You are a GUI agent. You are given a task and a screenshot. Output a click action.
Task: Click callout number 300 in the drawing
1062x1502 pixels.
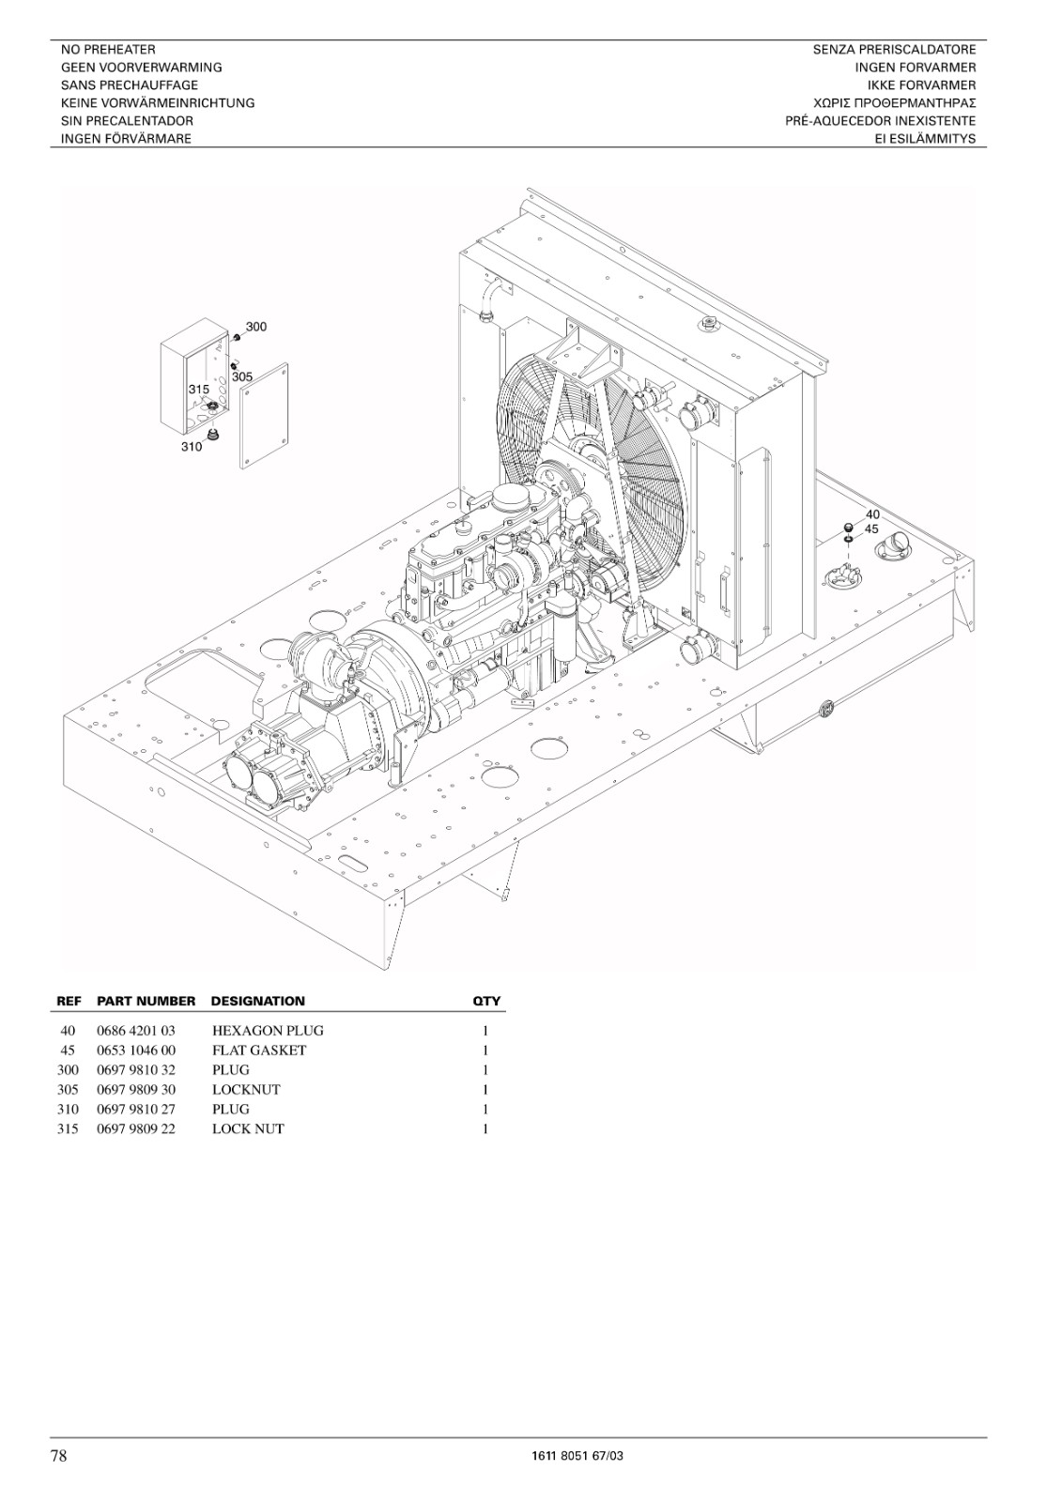tap(255, 327)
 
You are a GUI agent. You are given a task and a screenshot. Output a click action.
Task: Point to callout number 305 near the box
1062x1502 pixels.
tap(242, 376)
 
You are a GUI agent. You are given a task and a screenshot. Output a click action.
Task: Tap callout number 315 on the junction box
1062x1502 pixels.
tap(198, 389)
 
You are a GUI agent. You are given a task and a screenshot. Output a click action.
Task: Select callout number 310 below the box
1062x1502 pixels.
tap(192, 447)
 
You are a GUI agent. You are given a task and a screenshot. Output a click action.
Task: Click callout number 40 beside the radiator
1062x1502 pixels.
tap(872, 514)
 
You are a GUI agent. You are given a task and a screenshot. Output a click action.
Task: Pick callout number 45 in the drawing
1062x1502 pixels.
tap(871, 529)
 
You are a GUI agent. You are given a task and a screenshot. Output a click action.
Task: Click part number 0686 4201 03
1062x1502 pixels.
tap(136, 1031)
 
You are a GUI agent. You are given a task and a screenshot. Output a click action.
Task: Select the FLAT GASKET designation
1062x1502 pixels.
tap(259, 1050)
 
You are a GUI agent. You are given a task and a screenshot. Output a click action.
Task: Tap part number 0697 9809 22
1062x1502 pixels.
tap(136, 1128)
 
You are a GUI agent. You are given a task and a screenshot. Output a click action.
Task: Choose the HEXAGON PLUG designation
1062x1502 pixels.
tap(268, 1031)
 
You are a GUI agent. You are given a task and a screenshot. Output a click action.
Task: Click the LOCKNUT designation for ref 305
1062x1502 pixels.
tap(246, 1090)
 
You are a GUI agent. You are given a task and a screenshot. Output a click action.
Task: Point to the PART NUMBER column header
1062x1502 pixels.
tap(146, 1001)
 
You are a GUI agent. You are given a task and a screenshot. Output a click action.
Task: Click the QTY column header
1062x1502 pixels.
tap(486, 1001)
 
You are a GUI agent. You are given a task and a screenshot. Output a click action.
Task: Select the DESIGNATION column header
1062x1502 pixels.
tap(257, 1001)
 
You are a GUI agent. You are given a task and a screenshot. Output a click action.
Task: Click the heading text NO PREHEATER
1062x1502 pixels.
tap(108, 50)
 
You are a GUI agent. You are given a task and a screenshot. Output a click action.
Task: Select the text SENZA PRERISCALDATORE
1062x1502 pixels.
tap(894, 50)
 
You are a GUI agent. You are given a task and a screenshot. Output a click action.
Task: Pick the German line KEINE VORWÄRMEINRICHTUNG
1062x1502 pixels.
tap(158, 103)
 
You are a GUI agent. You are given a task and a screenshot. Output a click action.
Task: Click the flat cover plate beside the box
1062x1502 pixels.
tap(264, 416)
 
